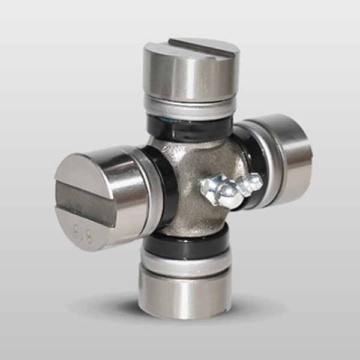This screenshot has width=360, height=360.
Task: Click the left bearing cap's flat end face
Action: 84,198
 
